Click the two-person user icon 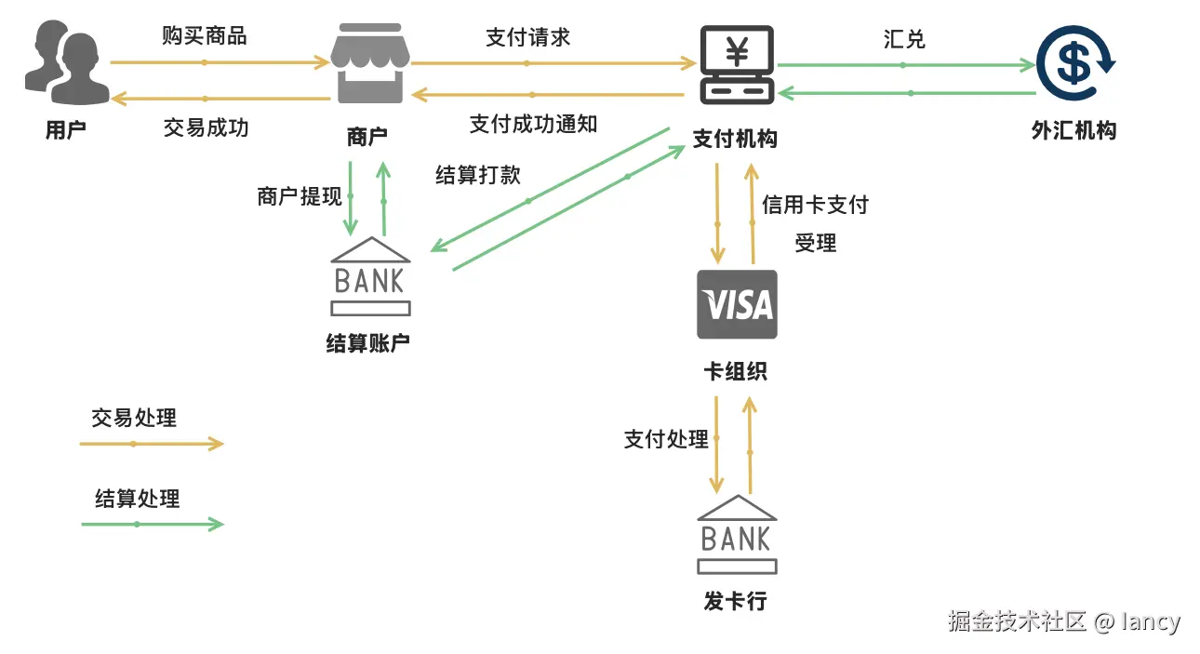tap(67, 62)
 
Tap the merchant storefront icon tap(370, 63)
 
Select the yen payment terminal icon tap(737, 64)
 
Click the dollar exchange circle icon tap(1075, 63)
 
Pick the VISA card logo tap(737, 304)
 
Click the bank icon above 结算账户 tap(371, 276)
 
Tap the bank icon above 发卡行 tap(737, 535)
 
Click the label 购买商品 tap(205, 36)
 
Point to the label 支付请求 tap(528, 37)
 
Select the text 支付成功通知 tap(534, 125)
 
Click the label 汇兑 tap(904, 39)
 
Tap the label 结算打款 tap(478, 175)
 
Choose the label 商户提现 tap(300, 196)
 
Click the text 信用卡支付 tap(816, 205)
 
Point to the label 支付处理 tap(666, 439)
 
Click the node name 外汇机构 tap(1074, 130)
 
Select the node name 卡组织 tap(736, 371)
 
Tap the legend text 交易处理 tap(134, 418)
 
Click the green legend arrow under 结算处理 tap(153, 524)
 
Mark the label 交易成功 tap(207, 128)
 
